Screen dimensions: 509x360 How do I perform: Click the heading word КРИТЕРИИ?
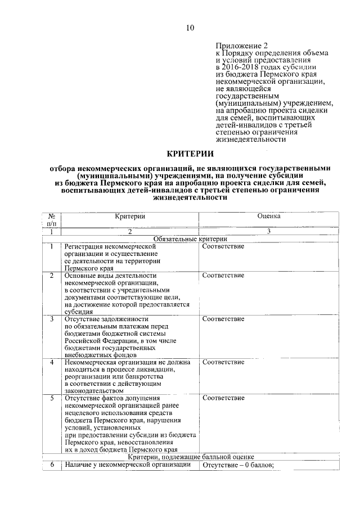tap(190, 154)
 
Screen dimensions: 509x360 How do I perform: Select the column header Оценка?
tap(269, 216)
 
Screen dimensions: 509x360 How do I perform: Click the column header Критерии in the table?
tap(130, 216)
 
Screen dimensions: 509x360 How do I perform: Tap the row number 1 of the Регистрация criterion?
tap(52, 246)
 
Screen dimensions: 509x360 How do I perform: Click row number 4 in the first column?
tap(52, 362)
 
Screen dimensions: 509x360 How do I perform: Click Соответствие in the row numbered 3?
tap(223, 319)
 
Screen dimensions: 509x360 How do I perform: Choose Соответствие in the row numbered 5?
tap(223, 398)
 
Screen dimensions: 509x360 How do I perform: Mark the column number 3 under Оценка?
tap(269, 231)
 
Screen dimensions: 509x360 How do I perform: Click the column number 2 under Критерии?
tap(130, 231)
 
